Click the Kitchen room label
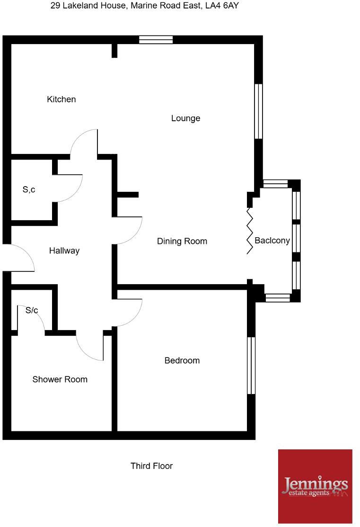(61, 99)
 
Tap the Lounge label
(185, 118)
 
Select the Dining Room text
(182, 241)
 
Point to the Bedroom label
(182, 361)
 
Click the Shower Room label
(60, 380)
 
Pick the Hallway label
(64, 251)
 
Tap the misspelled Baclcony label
(272, 241)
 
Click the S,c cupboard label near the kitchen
(29, 190)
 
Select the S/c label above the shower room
(32, 311)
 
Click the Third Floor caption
(151, 466)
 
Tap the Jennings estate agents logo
(315, 486)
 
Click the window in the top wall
(156, 40)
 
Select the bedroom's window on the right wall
(251, 365)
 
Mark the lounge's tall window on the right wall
(258, 111)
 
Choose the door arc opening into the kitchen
(83, 142)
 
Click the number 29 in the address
(55, 6)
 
